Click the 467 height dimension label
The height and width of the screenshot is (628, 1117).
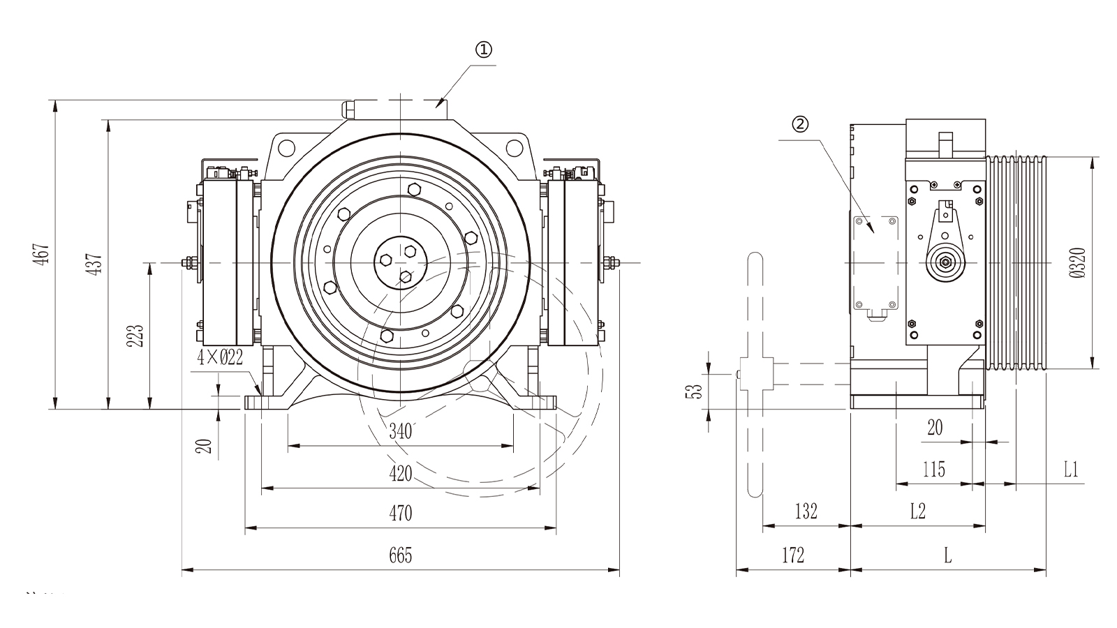point(42,254)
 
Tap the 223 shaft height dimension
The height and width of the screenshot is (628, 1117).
point(135,336)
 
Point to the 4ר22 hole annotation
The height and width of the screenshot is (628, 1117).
point(220,357)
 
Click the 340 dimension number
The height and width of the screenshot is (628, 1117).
point(400,431)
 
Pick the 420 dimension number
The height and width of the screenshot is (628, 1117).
point(401,474)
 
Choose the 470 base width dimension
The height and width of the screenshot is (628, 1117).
point(401,514)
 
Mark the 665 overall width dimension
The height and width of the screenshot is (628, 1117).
point(401,555)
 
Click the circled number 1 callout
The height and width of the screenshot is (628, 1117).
point(483,50)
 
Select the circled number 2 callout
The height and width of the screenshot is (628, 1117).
point(800,124)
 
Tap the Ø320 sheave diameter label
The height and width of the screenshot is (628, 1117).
point(1078,262)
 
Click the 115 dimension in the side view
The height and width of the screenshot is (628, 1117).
point(933,470)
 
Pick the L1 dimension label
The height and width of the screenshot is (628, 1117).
point(1071,470)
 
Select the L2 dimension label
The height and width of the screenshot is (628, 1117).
point(917,511)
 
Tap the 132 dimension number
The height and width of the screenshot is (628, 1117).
point(806,511)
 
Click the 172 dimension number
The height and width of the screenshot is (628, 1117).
point(793,555)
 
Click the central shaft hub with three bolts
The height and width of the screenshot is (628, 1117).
point(401,262)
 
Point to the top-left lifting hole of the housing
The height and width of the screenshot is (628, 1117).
point(286,147)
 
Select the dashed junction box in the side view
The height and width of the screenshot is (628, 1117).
point(875,262)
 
